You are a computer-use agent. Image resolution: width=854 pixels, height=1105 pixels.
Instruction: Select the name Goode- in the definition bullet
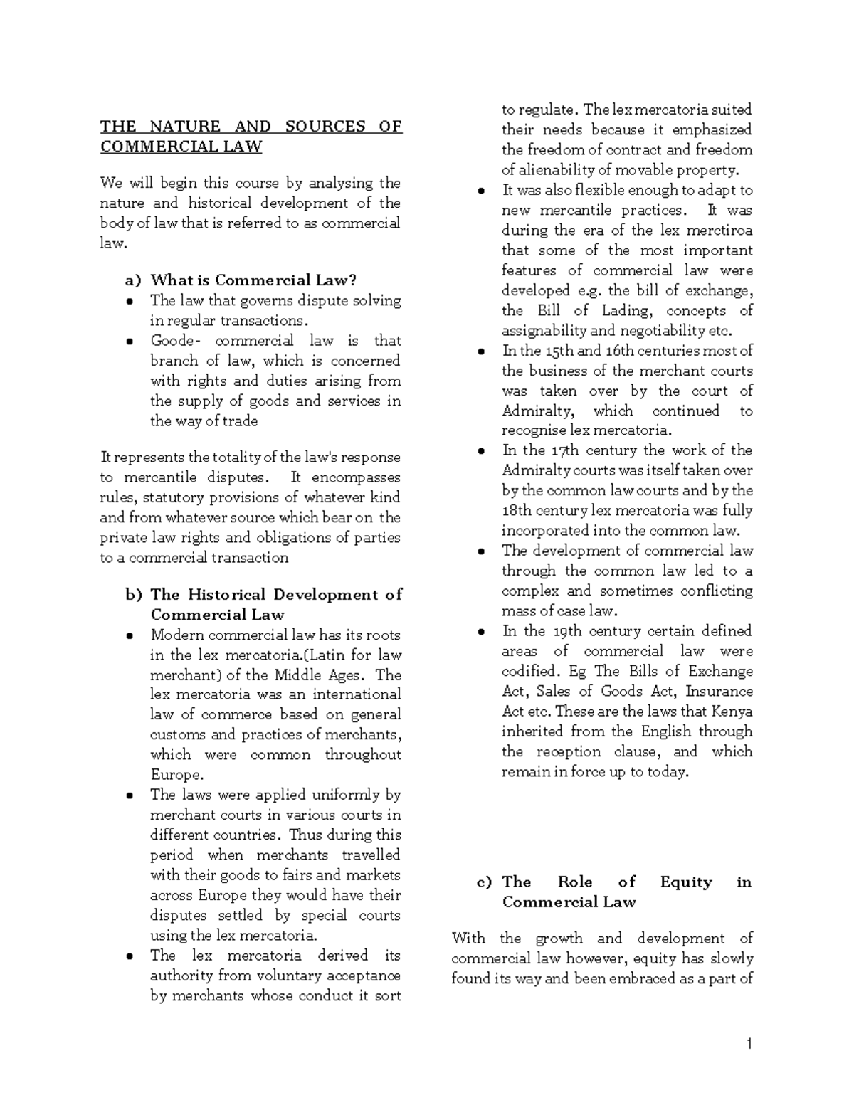click(172, 341)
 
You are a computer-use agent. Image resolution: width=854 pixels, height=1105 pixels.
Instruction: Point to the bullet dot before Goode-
click(129, 342)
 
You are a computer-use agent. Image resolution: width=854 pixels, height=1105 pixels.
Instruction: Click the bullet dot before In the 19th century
click(481, 632)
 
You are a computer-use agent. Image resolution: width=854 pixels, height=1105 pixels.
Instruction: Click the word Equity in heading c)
click(685, 882)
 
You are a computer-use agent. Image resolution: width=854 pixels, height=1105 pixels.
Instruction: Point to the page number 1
click(749, 1044)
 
